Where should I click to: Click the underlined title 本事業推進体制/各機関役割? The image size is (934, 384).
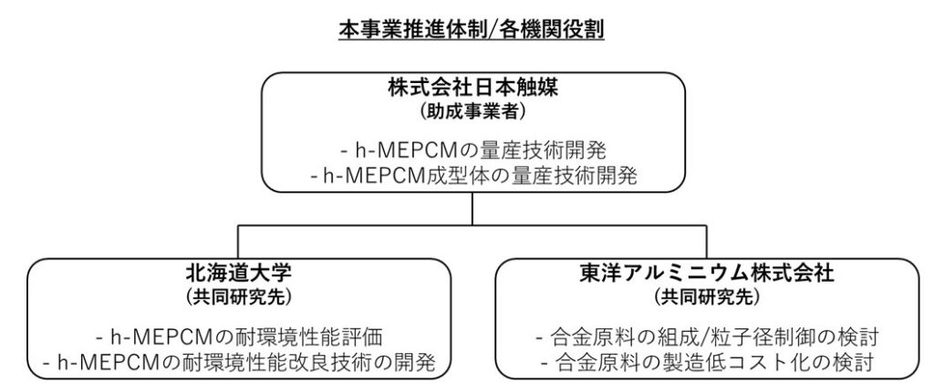[472, 29]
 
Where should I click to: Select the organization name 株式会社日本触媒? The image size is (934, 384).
[473, 88]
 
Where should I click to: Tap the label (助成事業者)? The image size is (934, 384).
[473, 111]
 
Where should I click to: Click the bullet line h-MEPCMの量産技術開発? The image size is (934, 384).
[473, 151]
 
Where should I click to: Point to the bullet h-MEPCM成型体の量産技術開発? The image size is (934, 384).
[473, 177]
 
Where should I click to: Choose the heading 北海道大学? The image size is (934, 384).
[238, 274]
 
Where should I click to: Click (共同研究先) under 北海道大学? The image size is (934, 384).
[238, 296]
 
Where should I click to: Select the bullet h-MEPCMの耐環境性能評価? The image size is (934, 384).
[238, 337]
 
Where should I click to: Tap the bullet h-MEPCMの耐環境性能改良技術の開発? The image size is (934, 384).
[238, 362]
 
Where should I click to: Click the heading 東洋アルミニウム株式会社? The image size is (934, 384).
[707, 274]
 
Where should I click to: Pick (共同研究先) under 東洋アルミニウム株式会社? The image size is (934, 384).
[707, 296]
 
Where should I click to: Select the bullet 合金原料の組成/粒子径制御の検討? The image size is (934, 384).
[707, 337]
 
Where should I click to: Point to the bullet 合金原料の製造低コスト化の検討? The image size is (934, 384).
[707, 362]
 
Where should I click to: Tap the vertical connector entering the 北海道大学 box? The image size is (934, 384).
[238, 242]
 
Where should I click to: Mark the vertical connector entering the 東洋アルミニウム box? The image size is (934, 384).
[707, 242]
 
